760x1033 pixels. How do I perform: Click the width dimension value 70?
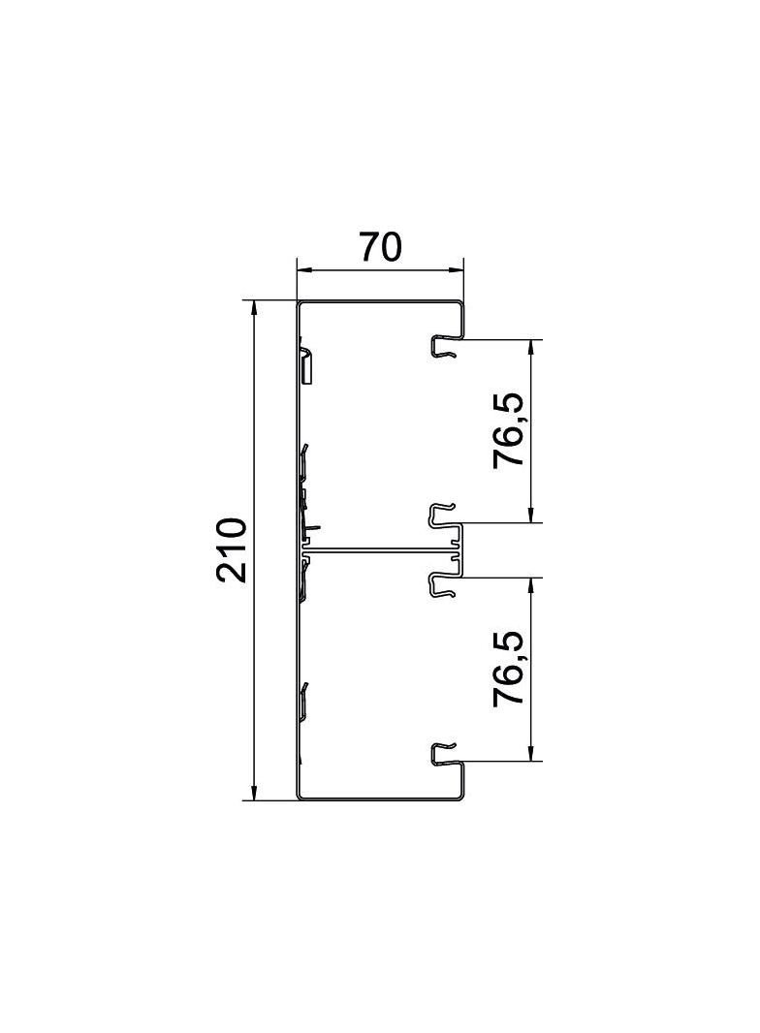[x=380, y=247]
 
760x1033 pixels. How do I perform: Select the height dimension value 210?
[x=232, y=549]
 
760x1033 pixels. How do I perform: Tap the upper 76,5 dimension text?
[x=509, y=431]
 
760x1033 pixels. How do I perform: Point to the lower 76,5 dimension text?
[x=509, y=669]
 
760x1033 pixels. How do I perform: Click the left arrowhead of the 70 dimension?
[x=301, y=269]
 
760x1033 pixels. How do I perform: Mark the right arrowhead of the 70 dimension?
[x=458, y=269]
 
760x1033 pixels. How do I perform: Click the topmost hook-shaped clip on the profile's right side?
[x=443, y=346]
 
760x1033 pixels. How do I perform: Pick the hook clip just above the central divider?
[x=443, y=515]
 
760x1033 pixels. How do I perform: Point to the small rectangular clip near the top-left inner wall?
[x=305, y=365]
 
